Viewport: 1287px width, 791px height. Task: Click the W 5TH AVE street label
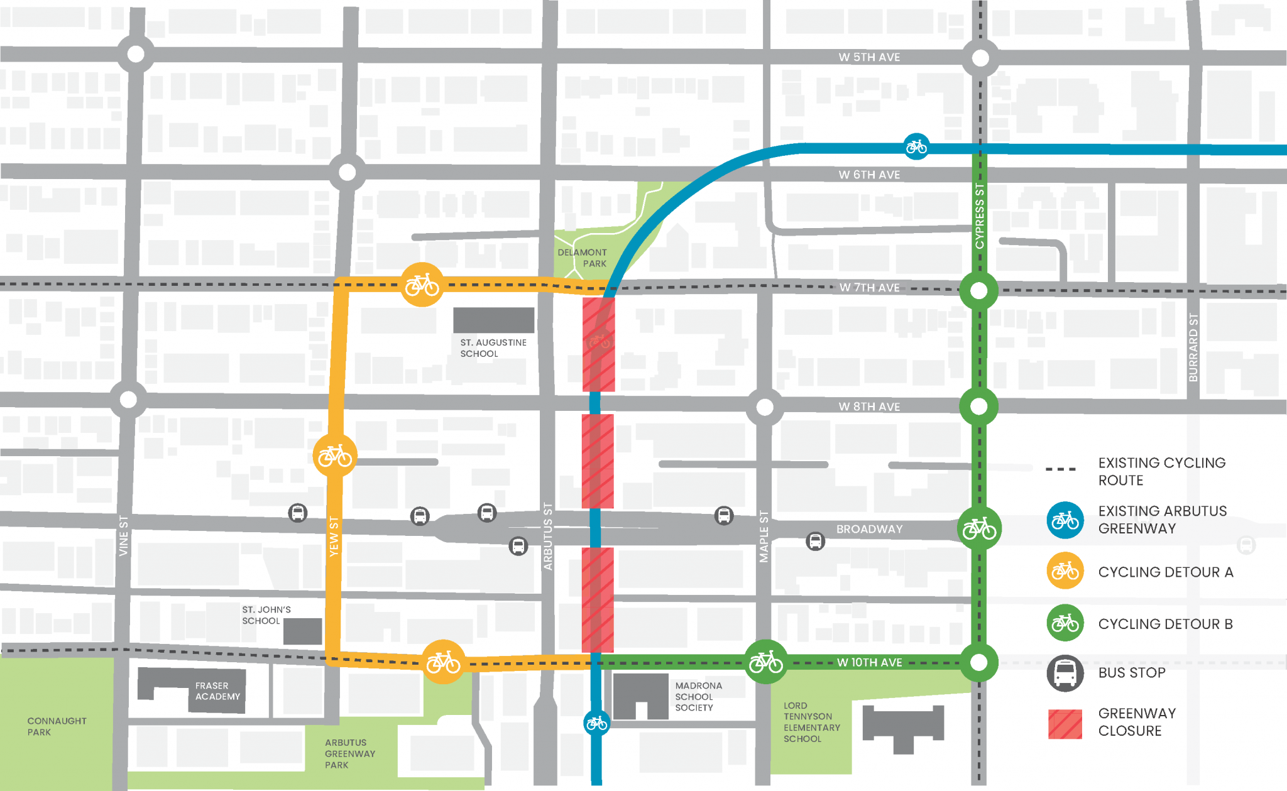tap(869, 57)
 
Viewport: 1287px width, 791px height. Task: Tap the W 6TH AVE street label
tap(869, 175)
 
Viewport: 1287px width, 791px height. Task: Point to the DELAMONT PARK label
tap(582, 258)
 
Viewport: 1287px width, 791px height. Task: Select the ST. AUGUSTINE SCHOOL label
tap(493, 348)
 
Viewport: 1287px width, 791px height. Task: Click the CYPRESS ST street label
tap(980, 215)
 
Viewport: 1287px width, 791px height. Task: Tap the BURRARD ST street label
tap(1193, 347)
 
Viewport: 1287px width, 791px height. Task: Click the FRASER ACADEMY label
tap(217, 691)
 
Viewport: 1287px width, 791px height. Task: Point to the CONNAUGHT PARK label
tap(57, 726)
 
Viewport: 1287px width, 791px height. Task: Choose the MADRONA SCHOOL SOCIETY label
tap(698, 696)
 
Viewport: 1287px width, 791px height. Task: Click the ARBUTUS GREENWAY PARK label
tap(349, 753)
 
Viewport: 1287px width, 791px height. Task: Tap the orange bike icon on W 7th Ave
tap(422, 285)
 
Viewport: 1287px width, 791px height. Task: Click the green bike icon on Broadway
tap(979, 528)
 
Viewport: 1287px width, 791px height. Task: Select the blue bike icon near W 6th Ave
tap(916, 147)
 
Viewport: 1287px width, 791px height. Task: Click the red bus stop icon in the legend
tap(1065, 673)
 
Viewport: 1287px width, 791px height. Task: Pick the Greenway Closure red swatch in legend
tap(1065, 723)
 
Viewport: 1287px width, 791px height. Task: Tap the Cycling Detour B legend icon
tap(1065, 623)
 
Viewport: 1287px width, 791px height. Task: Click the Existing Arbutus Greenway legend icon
tap(1065, 520)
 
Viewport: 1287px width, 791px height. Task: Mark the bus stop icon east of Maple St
tap(815, 541)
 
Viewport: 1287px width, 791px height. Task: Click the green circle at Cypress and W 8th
tap(978, 406)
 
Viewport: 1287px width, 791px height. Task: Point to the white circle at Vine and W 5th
tap(136, 54)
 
